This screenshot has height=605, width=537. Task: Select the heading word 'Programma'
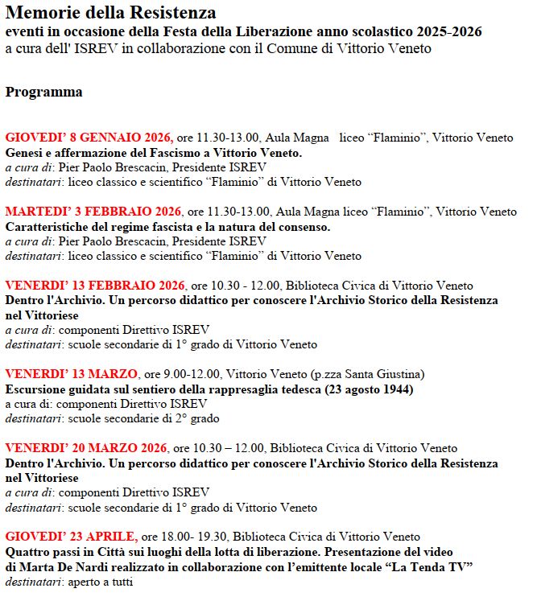point(43,93)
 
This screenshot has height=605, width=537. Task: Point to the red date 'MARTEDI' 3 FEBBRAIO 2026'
point(93,212)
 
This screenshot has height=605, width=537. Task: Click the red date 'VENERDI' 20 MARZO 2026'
point(86,448)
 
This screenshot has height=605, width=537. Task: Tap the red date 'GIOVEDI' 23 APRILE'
point(71,537)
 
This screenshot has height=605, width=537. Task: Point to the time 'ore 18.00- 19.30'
point(185,537)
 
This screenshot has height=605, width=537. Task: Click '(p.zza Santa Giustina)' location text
point(367,374)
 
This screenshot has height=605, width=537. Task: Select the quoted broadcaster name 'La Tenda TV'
point(438,566)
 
